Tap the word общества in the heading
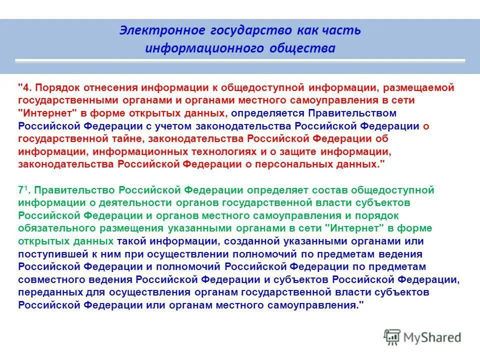click(308, 48)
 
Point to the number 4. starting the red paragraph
click(26, 87)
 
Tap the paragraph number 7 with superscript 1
click(22, 190)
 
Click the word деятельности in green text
click(109, 202)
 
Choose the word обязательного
click(54, 228)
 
